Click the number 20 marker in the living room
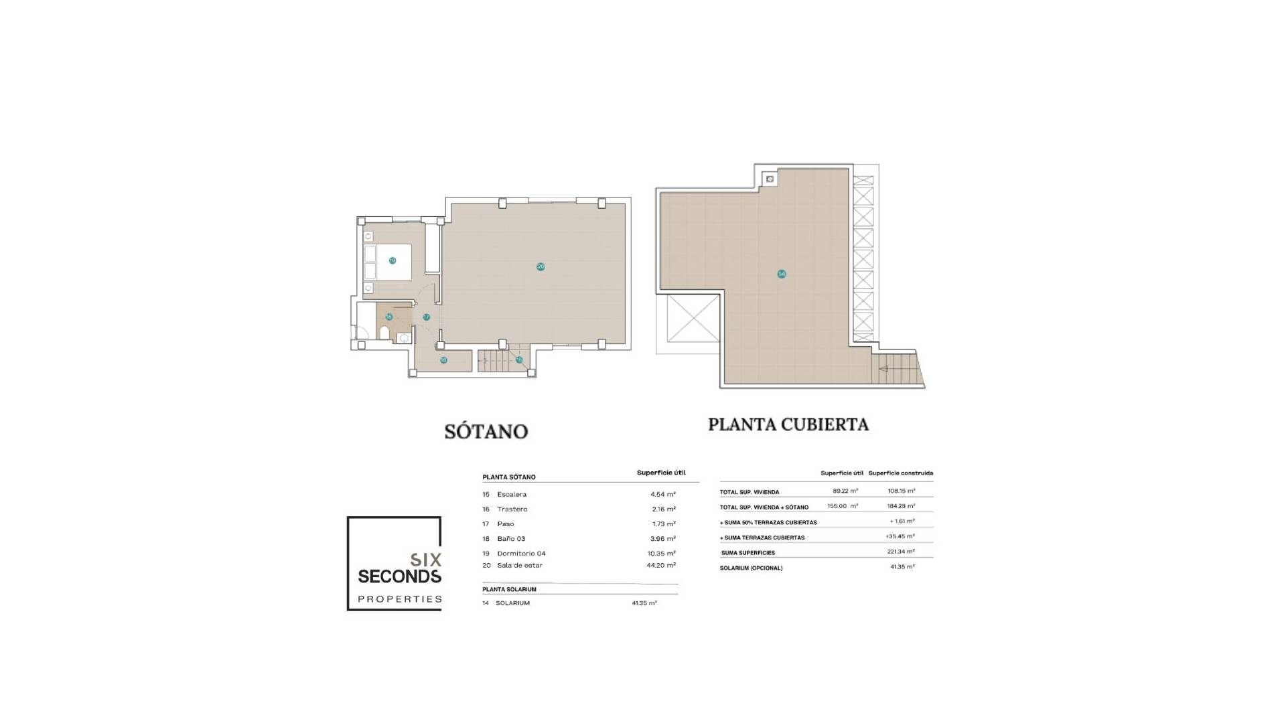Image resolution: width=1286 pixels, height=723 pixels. click(x=541, y=266)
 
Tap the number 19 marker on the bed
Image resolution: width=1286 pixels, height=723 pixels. click(x=392, y=260)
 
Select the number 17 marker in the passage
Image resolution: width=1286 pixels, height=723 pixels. click(x=426, y=317)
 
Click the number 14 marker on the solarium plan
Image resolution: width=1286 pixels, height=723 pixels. click(x=781, y=274)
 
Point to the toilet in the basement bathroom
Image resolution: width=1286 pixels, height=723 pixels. click(x=384, y=333)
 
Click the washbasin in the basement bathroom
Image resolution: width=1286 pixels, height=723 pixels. click(x=403, y=338)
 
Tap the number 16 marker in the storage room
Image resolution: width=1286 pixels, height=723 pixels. click(x=443, y=360)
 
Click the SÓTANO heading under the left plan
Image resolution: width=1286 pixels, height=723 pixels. click(x=486, y=431)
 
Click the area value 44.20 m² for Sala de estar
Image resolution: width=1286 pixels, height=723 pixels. click(x=662, y=565)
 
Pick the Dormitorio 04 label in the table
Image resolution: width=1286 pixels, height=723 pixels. click(x=521, y=554)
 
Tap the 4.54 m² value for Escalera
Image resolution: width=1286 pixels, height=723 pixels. click(x=662, y=494)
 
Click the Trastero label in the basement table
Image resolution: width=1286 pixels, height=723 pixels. click(x=512, y=509)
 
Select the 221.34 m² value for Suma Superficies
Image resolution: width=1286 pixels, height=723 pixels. click(x=900, y=552)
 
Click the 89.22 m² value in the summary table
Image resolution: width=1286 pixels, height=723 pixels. click(x=845, y=491)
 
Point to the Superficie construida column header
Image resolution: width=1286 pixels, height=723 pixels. click(x=900, y=473)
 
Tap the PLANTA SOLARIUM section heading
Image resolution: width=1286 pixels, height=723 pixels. click(x=509, y=590)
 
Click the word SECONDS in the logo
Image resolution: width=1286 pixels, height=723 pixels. click(x=400, y=576)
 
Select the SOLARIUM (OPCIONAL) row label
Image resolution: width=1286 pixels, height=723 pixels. click(x=751, y=568)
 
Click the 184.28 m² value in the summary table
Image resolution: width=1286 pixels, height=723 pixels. click(x=900, y=506)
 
